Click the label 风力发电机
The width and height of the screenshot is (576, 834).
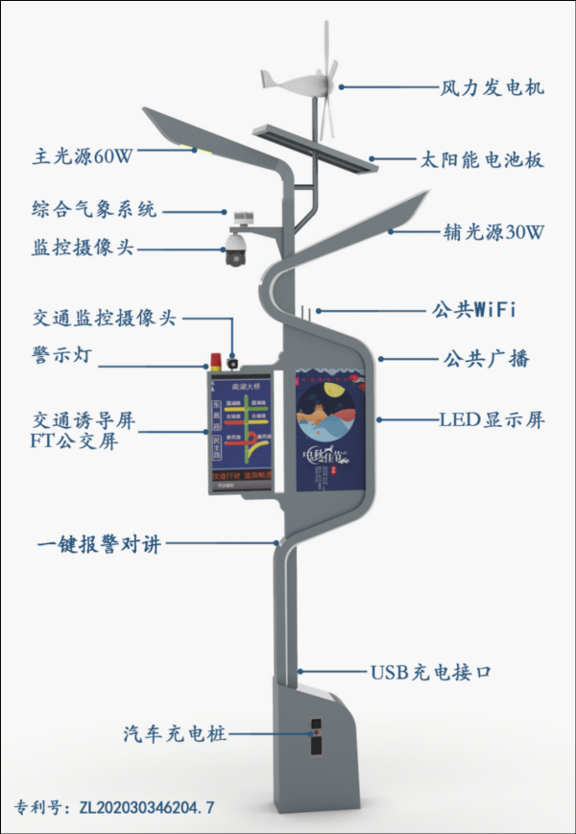pos(492,88)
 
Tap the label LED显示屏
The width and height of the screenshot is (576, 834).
pos(492,420)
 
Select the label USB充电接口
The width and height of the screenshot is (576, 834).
pos(431,672)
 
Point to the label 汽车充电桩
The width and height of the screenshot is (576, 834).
pos(175,734)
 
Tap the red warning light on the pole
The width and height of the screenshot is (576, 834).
pos(216,363)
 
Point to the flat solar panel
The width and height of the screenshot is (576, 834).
pos(311,150)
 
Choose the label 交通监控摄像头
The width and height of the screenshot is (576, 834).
pos(104,319)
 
